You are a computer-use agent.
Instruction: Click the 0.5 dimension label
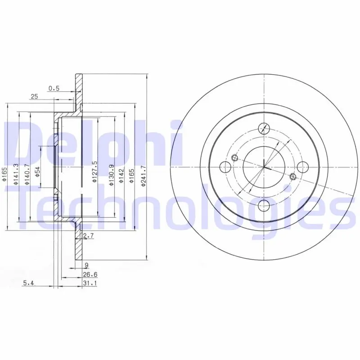[54, 88]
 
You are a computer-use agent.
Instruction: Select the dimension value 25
[34, 97]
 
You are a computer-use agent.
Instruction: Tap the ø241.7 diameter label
[144, 175]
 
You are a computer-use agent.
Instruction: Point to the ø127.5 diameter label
[95, 172]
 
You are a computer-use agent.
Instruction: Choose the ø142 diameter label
[121, 176]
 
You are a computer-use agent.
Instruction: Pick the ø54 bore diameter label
[37, 172]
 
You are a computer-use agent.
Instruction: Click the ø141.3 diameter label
[16, 174]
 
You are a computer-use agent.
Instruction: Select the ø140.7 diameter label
[27, 174]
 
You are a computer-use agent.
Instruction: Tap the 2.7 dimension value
[88, 236]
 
